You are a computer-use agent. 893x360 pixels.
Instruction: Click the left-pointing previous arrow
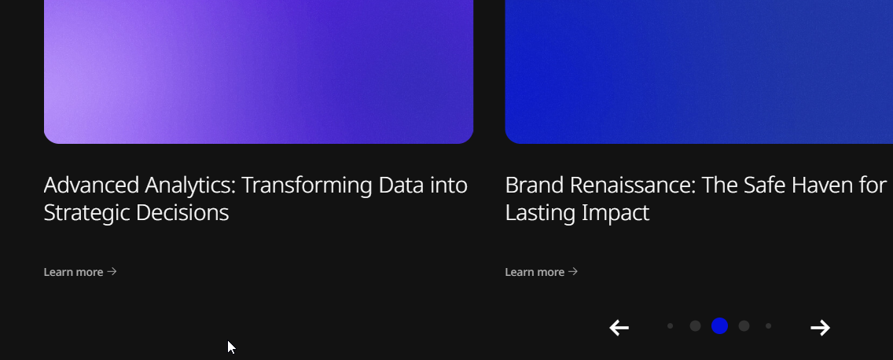[619, 328]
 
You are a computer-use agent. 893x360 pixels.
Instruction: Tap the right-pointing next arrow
[820, 328]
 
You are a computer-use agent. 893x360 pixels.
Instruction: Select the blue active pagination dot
[720, 326]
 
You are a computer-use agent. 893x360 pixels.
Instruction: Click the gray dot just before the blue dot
[695, 326]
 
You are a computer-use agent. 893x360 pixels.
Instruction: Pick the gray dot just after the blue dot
[744, 326]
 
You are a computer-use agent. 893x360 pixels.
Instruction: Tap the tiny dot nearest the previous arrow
[671, 326]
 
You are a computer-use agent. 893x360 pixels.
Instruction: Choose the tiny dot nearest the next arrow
[768, 326]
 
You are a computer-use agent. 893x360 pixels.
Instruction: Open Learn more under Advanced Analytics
[80, 272]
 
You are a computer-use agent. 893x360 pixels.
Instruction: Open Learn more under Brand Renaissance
[542, 272]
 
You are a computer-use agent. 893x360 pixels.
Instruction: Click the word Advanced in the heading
[91, 186]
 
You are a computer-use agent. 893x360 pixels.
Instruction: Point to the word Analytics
[189, 186]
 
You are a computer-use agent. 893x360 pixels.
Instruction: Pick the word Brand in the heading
[535, 186]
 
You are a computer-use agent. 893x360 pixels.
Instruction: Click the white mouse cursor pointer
[231, 347]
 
